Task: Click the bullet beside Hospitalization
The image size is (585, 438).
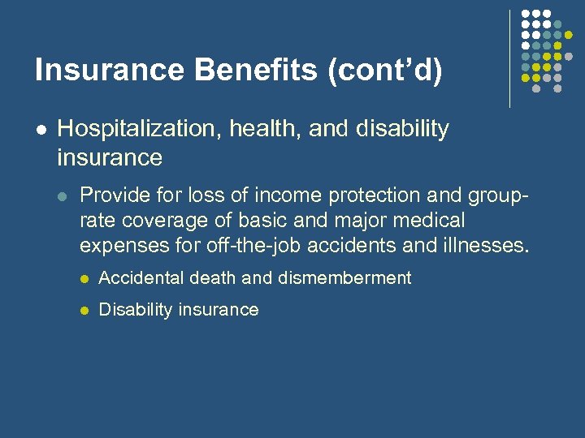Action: (x=41, y=130)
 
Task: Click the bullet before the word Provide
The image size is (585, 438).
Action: (x=64, y=195)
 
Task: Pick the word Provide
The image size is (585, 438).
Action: (x=111, y=195)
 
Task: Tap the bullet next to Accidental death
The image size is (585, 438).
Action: (x=83, y=279)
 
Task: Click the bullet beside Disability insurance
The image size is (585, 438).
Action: (x=83, y=311)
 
